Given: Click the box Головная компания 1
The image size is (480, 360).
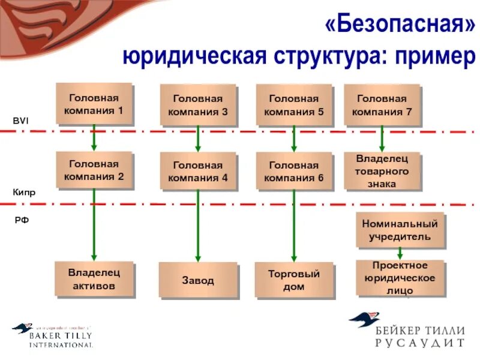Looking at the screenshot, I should pos(94,103).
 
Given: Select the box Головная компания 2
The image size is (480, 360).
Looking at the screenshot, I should pos(94,170).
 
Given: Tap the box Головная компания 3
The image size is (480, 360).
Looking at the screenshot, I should pos(198,105).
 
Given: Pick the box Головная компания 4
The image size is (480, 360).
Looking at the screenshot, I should pos(198,171).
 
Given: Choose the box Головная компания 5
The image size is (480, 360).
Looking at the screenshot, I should pos(293,105).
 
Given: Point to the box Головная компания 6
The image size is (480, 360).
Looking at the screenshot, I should pos(293,171).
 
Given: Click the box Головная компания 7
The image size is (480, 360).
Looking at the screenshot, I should pos(382,105).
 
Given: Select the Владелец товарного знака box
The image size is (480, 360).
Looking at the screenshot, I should pos(382,171).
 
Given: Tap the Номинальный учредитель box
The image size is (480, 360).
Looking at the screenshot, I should pos(400,230).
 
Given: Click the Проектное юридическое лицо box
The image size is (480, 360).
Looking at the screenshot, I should pos(400,277).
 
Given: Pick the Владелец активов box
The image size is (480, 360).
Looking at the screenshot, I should pos(94,279).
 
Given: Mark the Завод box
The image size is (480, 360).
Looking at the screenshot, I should pos(198,280).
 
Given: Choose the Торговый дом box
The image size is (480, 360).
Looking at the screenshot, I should pos(293,280).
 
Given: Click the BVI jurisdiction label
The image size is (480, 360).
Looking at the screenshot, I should pos(21,121).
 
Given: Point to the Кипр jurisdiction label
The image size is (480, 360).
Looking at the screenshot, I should pos(24,193).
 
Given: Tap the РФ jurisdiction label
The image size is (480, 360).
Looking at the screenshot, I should pos(22,220).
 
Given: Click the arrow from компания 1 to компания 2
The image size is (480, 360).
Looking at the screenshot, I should pos(94,138).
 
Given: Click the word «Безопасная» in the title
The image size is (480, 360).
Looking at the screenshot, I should pos(400,25).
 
